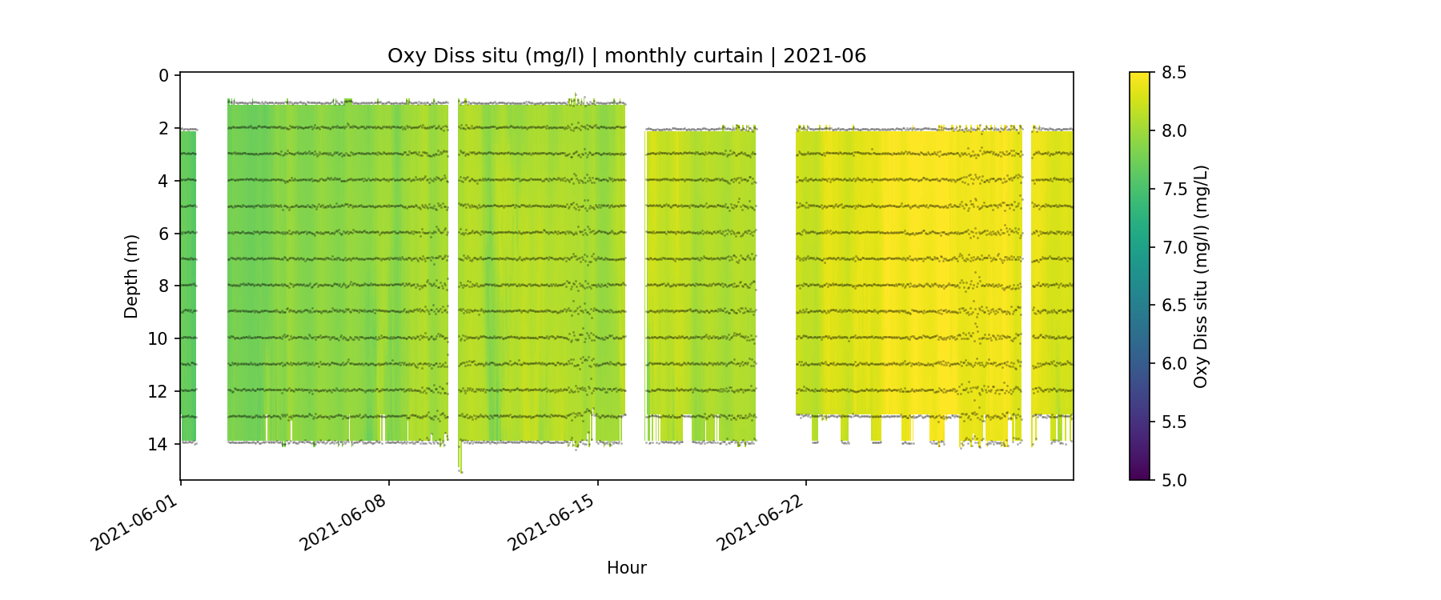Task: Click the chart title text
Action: tap(626, 56)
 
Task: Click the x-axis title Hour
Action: tap(626, 568)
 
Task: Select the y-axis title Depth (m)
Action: tap(131, 276)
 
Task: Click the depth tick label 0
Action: tap(163, 76)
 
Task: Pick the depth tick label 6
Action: tap(163, 234)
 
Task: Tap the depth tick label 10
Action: tap(159, 339)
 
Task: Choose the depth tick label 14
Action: tap(159, 444)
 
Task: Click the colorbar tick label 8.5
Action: tap(1174, 73)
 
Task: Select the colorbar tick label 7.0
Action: tap(1174, 247)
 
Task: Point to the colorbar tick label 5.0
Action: tap(1174, 480)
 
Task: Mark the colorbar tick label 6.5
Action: tap(1174, 306)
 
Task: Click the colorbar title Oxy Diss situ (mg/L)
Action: tap(1200, 276)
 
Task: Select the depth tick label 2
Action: tap(163, 129)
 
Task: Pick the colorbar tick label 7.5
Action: tap(1174, 189)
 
